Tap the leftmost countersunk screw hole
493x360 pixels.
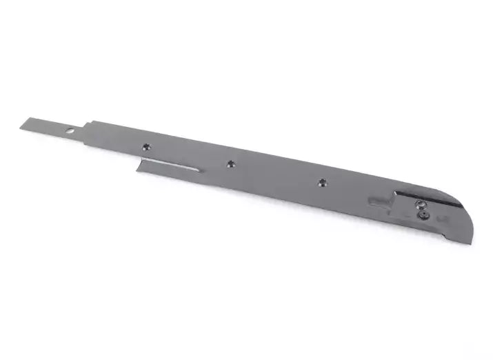(x=146, y=146)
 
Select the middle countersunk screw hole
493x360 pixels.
(x=230, y=163)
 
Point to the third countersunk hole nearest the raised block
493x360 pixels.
(x=321, y=182)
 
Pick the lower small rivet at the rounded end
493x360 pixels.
(x=423, y=214)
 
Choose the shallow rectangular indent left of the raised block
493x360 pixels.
(x=380, y=201)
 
